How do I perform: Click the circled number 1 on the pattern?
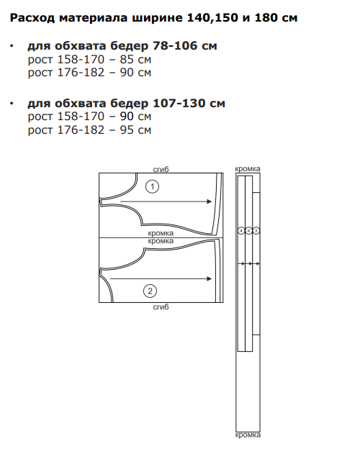[152, 186]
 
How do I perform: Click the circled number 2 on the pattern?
[150, 291]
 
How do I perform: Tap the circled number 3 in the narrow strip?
[256, 231]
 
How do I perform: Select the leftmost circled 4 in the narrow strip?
[241, 231]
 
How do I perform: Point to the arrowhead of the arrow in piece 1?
[209, 201]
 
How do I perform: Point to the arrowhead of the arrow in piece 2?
[209, 278]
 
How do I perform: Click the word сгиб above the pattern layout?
[161, 170]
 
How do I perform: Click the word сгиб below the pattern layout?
[161, 306]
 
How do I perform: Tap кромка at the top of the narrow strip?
[248, 168]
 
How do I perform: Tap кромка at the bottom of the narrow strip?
[248, 435]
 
